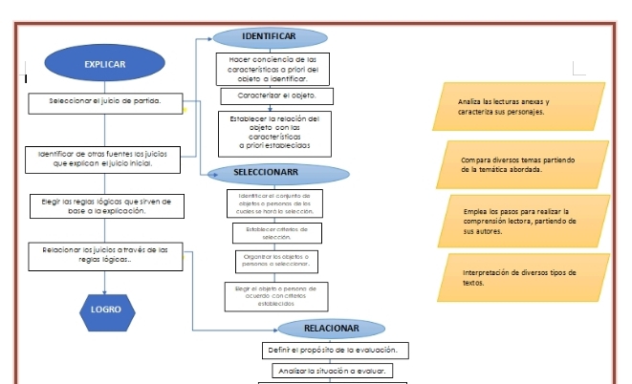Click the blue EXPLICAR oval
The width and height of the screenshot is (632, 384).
point(104,64)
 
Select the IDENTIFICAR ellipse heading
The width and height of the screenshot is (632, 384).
point(269,36)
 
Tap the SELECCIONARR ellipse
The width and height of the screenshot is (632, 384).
point(267,173)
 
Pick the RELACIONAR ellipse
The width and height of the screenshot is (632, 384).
point(331,329)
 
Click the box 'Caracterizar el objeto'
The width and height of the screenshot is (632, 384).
point(276,96)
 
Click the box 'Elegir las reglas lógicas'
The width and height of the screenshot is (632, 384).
point(105,206)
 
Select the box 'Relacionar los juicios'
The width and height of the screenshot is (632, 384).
point(105,254)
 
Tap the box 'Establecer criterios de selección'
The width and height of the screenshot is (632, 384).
point(276,233)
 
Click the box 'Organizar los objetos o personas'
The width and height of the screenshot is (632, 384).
point(276,261)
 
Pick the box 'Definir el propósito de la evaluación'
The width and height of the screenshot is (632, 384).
point(332,351)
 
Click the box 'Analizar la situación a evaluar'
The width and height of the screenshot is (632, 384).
point(331,371)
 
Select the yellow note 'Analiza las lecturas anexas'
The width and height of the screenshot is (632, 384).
point(518,106)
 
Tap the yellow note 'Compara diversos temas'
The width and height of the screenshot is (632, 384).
point(522,164)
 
